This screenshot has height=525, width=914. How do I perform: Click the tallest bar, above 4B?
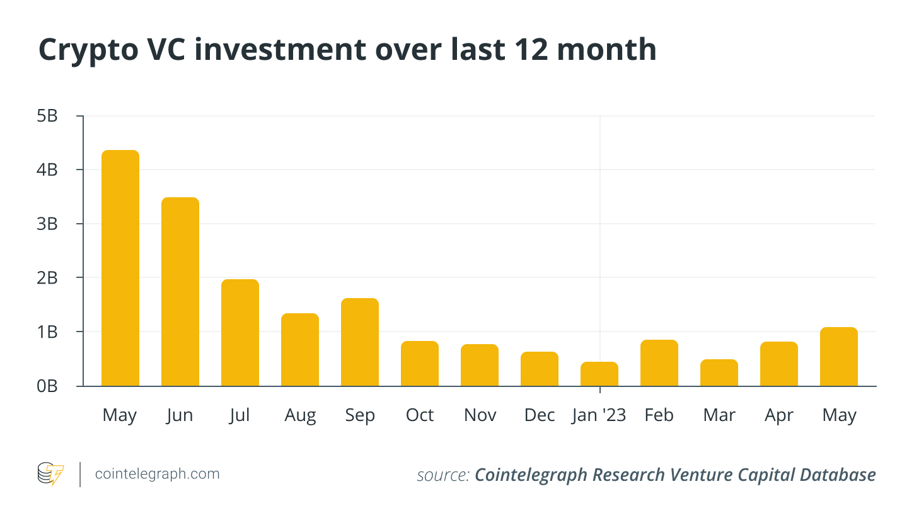click(x=120, y=268)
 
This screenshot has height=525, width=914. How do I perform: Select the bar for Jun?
click(x=180, y=291)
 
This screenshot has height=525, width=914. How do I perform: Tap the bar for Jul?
click(x=240, y=332)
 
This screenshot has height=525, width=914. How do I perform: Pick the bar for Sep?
click(x=359, y=342)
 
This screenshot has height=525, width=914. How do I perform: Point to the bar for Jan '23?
click(x=599, y=374)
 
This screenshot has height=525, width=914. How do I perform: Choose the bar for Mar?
click(x=719, y=372)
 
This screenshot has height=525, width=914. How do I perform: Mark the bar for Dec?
click(x=539, y=369)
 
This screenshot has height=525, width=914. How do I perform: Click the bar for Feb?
click(x=659, y=362)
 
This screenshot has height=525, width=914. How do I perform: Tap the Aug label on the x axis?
click(x=300, y=415)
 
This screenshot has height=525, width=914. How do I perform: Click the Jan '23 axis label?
click(x=599, y=415)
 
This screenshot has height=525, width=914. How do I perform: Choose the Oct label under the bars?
click(x=420, y=415)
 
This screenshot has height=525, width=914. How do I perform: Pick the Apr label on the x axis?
click(x=779, y=415)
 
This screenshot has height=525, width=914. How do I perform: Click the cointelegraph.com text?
click(x=157, y=474)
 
